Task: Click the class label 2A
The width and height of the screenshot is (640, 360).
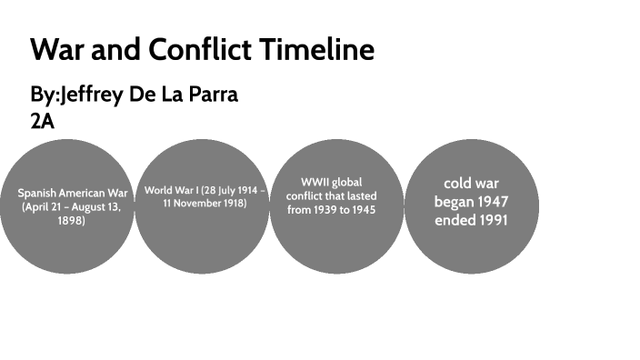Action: pyautogui.click(x=43, y=121)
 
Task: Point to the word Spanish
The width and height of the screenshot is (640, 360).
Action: pyautogui.click(x=39, y=194)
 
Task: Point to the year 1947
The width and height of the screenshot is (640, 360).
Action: pyautogui.click(x=491, y=202)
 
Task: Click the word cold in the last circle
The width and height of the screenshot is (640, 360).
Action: pyautogui.click(x=456, y=184)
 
